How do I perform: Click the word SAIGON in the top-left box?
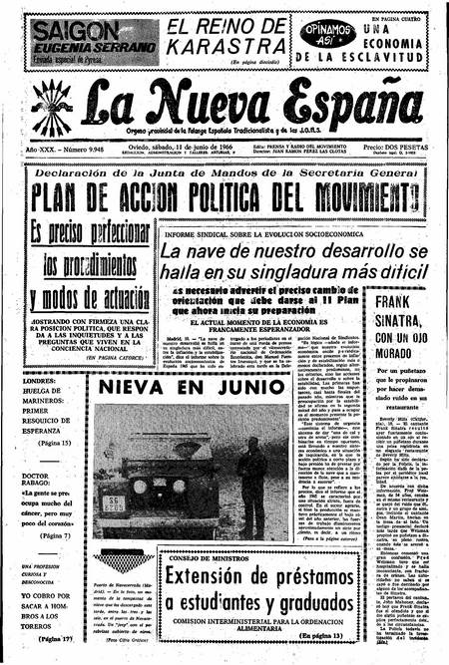pos(73,29)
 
